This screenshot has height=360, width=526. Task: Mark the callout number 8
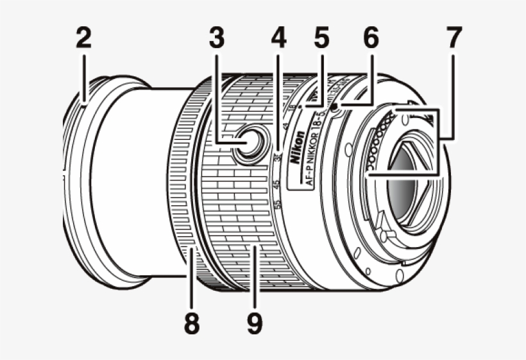(191, 323)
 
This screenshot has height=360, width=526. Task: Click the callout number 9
(254, 323)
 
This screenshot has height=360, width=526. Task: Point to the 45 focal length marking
(276, 185)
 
